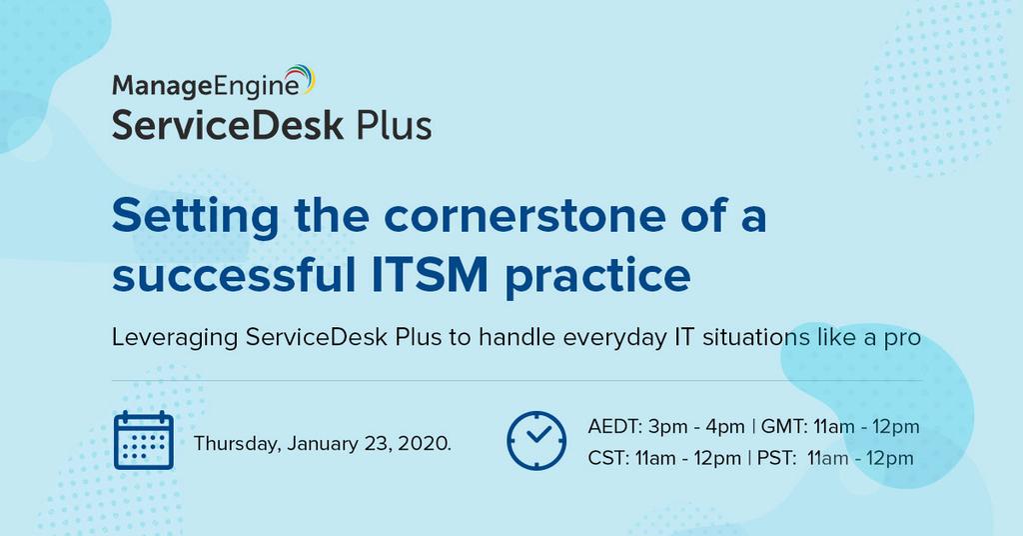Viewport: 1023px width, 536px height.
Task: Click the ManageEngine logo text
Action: coord(206,86)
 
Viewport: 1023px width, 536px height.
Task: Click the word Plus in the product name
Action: coord(394,125)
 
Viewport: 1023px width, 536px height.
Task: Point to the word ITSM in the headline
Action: coord(430,274)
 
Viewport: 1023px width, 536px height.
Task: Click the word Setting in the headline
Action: coord(195,217)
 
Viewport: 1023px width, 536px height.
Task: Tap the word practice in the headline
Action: coord(597,277)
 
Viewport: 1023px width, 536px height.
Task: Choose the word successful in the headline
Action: coord(234,274)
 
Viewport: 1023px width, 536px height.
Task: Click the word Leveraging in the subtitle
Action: coord(175,338)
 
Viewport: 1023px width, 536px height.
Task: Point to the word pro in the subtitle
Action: coord(902,339)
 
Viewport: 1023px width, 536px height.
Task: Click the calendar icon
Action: coord(144,441)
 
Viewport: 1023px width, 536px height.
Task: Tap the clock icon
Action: coord(536,441)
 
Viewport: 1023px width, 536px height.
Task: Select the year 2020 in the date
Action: coord(424,443)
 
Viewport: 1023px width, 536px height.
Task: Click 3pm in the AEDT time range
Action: coord(664,428)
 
